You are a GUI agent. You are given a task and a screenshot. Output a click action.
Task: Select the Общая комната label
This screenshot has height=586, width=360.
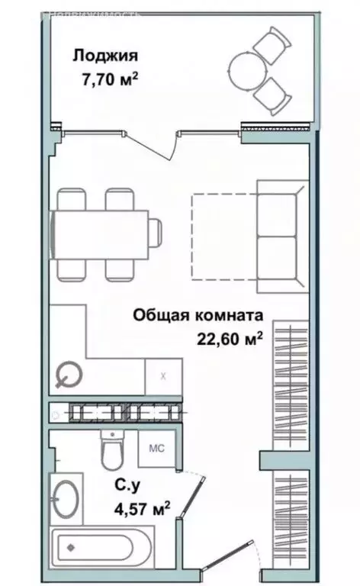pyautogui.click(x=198, y=314)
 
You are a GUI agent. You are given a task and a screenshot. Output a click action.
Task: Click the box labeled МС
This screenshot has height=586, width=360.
pyautogui.click(x=156, y=448)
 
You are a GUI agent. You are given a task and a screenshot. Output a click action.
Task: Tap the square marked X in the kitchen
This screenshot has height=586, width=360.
pyautogui.click(x=163, y=376)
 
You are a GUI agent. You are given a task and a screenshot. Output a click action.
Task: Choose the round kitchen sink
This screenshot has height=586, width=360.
pyautogui.click(x=69, y=374)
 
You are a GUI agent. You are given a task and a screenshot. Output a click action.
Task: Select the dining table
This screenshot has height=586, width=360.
pyautogui.click(x=99, y=233)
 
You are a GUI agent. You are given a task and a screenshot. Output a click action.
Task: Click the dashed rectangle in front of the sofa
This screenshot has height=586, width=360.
pyautogui.click(x=223, y=235)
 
